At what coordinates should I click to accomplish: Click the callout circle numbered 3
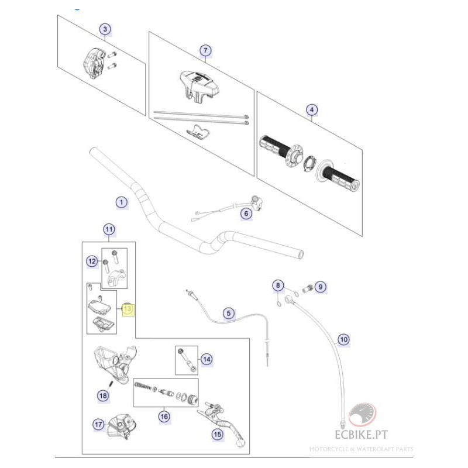[x=105, y=29]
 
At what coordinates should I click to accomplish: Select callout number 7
[x=205, y=50]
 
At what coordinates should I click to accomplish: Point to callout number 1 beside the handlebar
[x=121, y=202]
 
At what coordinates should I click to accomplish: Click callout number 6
[x=246, y=214]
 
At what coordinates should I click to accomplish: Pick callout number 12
[x=92, y=261]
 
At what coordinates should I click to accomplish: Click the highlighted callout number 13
[x=128, y=309]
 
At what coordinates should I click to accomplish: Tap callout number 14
[x=207, y=359]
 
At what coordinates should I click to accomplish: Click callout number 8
[x=278, y=285]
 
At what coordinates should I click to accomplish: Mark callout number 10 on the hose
[x=343, y=339]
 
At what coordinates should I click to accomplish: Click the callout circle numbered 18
[x=103, y=396]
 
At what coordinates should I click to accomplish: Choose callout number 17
[x=98, y=424]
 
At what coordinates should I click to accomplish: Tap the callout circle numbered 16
[x=164, y=417]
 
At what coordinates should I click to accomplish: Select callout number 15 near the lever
[x=217, y=435]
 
